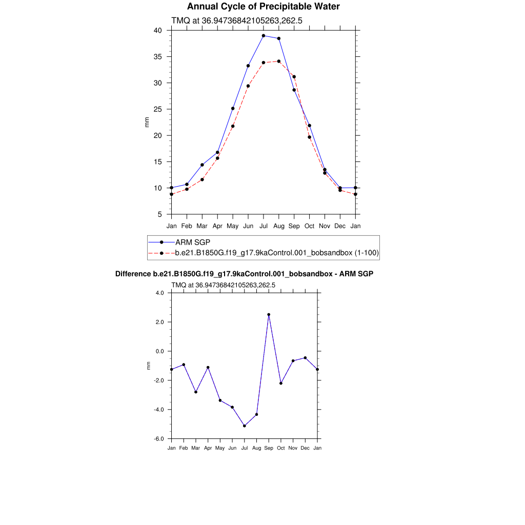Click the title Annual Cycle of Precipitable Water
(x=263, y=7)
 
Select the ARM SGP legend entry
(x=193, y=242)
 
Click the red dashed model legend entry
(x=277, y=253)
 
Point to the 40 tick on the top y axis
(x=158, y=30)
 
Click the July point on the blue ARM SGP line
(x=264, y=36)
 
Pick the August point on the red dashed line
(x=279, y=62)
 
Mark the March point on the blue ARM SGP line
(x=202, y=165)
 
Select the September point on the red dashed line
(x=294, y=77)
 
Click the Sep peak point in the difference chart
(x=269, y=315)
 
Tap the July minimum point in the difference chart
(x=245, y=426)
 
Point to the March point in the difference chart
(x=196, y=392)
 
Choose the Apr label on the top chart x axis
(x=217, y=226)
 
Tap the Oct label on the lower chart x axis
(x=281, y=448)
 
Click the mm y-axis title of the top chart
(x=147, y=122)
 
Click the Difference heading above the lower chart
(x=244, y=274)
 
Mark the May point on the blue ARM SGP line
(x=233, y=109)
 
